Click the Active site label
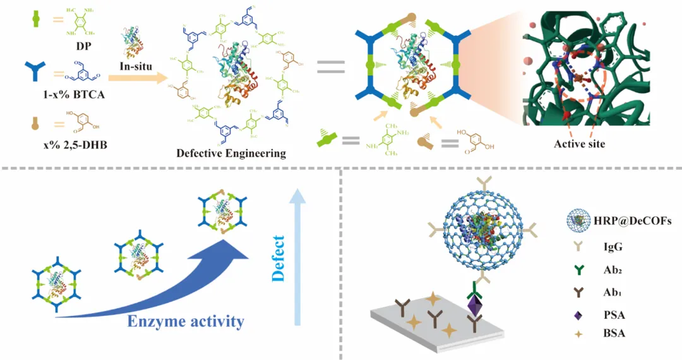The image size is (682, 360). coord(580,143)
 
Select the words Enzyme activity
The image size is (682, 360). coord(186,321)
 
